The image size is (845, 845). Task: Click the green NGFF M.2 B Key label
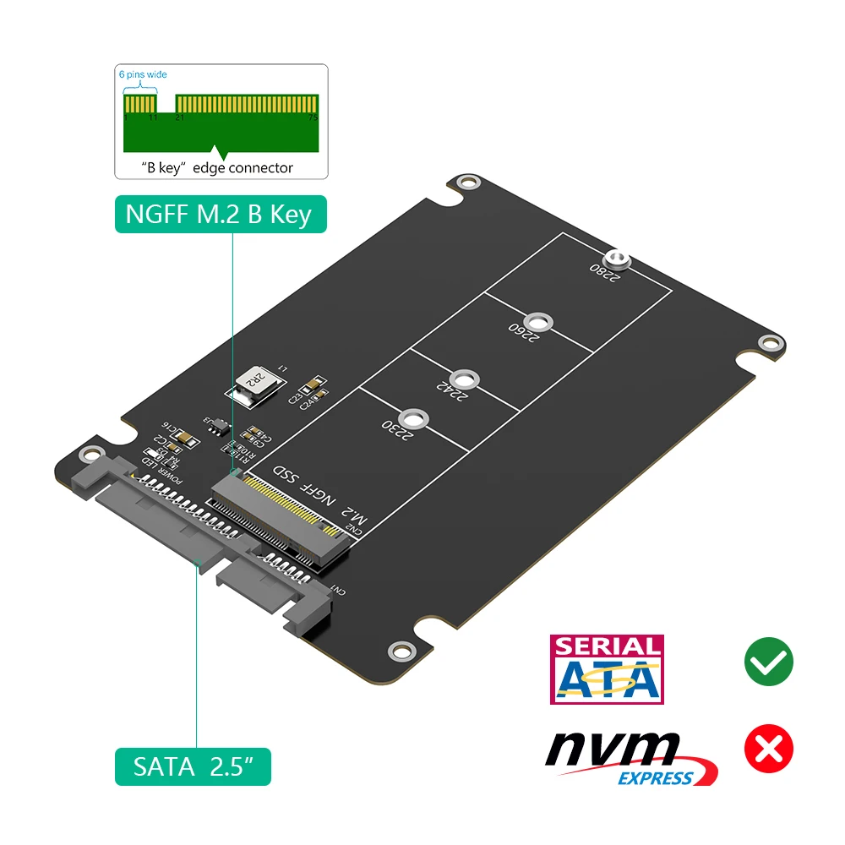219,214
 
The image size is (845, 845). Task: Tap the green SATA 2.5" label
193,767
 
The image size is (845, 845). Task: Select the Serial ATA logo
606,669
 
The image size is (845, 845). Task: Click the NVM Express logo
631,757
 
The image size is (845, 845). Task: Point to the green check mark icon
768,661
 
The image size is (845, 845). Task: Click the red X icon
768,747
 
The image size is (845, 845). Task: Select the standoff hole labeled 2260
537,322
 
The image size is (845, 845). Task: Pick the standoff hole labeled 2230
412,418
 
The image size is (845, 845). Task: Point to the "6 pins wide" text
143,74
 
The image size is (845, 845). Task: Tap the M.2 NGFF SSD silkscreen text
317,499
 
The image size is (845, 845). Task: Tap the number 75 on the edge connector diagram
313,119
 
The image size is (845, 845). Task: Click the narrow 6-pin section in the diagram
141,106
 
